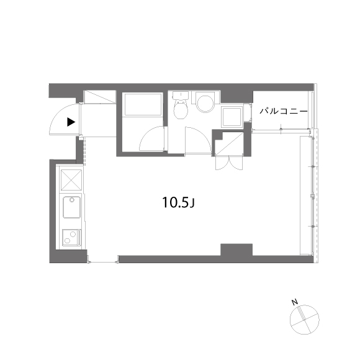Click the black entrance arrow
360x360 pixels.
tap(72, 122)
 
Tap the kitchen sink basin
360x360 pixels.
tap(73, 208)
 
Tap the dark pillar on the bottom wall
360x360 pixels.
tap(236, 251)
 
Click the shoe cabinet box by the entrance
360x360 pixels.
tap(99, 97)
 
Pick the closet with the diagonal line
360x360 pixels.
tap(228, 143)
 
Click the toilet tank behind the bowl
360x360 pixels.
tap(181, 96)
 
